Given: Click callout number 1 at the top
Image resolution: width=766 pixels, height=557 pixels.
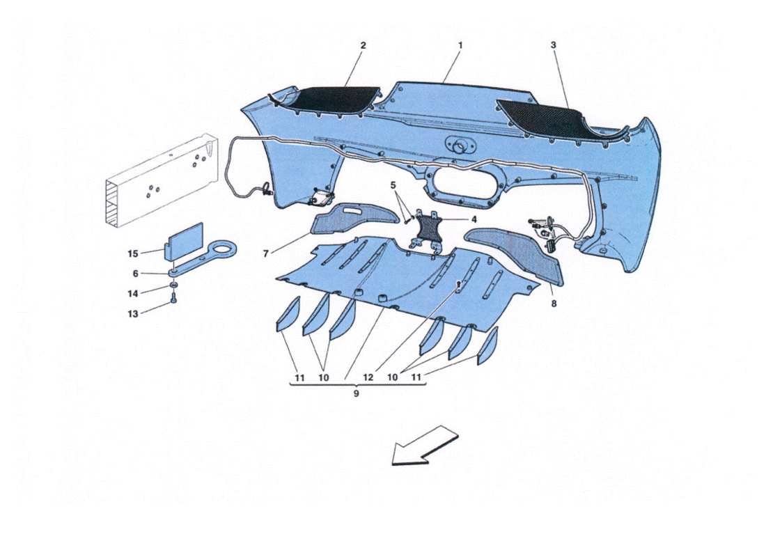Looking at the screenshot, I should click(x=460, y=45).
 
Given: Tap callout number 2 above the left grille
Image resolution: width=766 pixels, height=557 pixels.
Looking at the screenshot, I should click(x=363, y=45).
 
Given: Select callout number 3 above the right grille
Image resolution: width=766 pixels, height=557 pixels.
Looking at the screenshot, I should click(x=553, y=45).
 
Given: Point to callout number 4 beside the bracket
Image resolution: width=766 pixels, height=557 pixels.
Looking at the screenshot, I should click(x=474, y=219).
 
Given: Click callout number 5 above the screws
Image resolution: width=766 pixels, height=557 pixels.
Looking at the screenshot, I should click(x=393, y=185).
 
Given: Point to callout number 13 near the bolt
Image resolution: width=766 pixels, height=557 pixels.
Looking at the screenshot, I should click(x=133, y=314).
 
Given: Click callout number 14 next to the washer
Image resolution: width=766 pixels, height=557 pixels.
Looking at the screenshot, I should click(x=133, y=294).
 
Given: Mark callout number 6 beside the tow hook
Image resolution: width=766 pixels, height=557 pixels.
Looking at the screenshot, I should click(x=135, y=274).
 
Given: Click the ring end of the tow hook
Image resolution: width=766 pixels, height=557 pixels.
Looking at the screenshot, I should click(x=224, y=249).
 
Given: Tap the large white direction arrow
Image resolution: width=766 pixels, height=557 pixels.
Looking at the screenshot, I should click(x=425, y=446).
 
